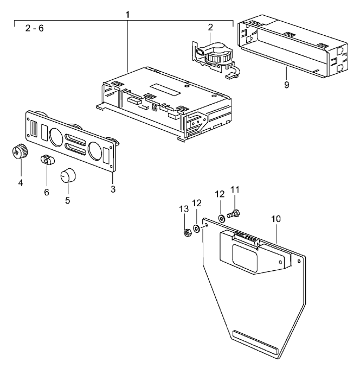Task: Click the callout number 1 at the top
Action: (128, 12)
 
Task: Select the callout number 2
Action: (209, 27)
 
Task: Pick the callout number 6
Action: (47, 192)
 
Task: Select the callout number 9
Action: (286, 85)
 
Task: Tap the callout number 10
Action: (277, 219)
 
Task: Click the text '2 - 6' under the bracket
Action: (35, 28)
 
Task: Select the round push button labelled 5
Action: (67, 176)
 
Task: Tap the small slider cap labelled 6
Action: (47, 160)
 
